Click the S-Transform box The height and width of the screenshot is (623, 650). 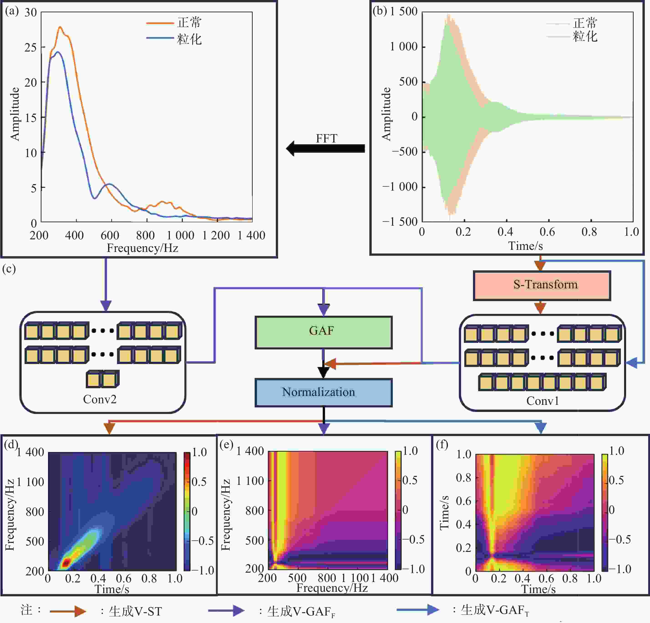click(542, 285)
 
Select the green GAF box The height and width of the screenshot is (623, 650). click(323, 332)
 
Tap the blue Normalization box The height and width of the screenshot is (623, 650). click(323, 393)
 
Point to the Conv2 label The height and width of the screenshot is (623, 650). click(100, 399)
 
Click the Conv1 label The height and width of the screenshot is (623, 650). click(543, 401)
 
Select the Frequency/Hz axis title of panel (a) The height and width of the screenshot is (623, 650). click(143, 248)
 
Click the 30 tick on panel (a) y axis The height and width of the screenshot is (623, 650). click(30, 13)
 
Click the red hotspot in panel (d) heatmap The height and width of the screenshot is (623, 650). click(66, 562)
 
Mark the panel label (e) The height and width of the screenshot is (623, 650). click(226, 444)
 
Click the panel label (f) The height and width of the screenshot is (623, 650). click(442, 444)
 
